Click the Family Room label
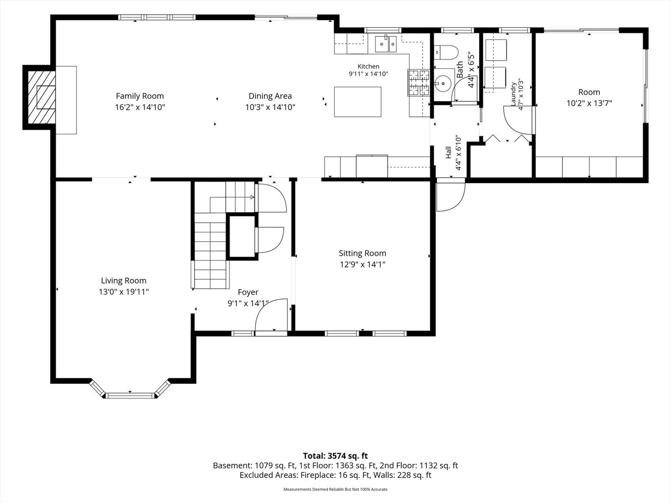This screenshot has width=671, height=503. click(140, 96)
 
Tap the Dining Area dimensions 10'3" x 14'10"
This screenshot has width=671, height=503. click(270, 107)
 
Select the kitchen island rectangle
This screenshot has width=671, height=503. click(357, 102)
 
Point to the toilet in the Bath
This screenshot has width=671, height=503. click(446, 52)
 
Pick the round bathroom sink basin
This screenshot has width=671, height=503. click(443, 83)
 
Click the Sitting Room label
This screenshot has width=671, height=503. click(362, 253)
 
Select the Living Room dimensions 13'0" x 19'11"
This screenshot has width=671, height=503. click(123, 292)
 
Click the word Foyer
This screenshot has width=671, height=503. click(248, 292)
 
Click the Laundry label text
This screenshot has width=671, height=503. click(513, 94)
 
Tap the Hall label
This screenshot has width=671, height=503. click(448, 152)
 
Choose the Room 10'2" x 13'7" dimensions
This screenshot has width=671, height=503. click(589, 103)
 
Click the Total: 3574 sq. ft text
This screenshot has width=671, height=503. click(335, 456)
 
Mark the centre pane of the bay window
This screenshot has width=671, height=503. click(130, 396)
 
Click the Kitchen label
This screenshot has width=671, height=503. click(369, 66)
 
